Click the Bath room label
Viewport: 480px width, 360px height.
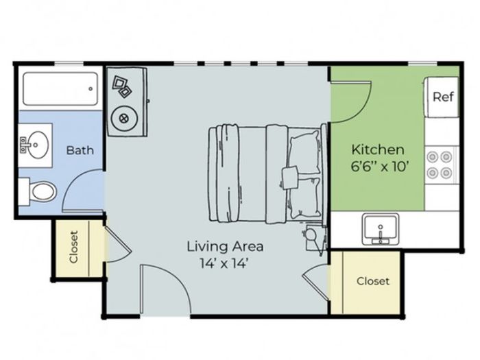(x=80, y=150)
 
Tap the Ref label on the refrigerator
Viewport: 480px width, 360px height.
(x=443, y=97)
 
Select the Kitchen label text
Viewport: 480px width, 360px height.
(x=378, y=149)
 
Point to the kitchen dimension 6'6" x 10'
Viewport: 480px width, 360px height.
(x=380, y=167)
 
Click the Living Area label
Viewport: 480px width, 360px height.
(x=225, y=246)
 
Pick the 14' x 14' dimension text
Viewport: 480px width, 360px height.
(x=224, y=263)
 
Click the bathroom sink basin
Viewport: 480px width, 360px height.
(x=36, y=145)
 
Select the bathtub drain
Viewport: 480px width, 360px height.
(x=91, y=88)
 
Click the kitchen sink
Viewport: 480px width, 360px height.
(x=380, y=229)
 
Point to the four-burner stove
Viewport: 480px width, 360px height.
(x=440, y=165)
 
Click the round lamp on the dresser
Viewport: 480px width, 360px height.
(x=124, y=118)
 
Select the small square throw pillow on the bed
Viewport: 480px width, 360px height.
(x=289, y=178)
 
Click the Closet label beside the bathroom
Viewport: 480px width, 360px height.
(x=74, y=247)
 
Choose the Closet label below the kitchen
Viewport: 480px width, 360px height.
(x=373, y=281)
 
